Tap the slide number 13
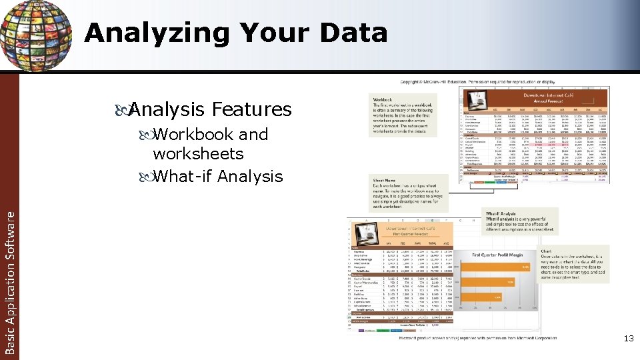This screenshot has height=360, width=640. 628,339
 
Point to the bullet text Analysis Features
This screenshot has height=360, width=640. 210,109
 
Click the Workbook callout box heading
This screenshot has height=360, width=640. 383,101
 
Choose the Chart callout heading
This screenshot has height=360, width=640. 547,251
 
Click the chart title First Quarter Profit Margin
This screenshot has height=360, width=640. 502,255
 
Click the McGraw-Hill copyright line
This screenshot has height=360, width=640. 477,81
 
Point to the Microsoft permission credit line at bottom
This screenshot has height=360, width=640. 477,339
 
